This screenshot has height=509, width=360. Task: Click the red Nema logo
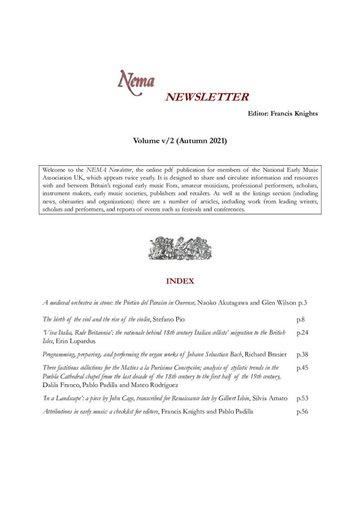136,80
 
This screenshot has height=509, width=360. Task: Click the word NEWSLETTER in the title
207,97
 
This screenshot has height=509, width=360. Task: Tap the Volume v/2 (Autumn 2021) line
180,142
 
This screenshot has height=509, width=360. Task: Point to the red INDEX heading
180,281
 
